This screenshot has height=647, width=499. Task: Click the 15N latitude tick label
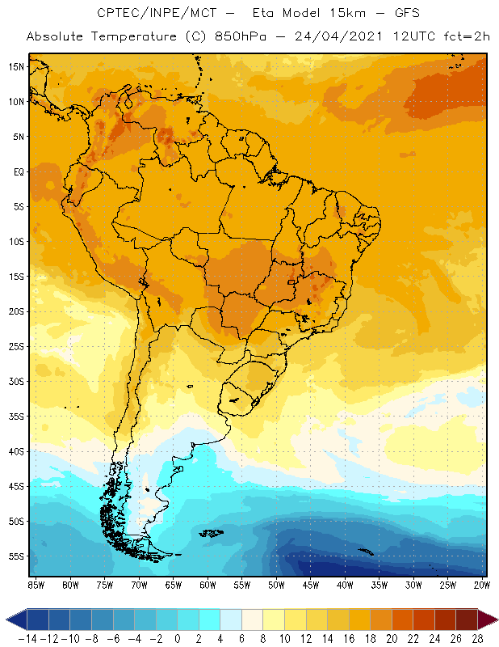[15, 66]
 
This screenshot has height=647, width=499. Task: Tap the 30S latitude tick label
[15, 381]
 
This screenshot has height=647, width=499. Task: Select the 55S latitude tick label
[15, 556]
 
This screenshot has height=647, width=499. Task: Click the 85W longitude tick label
[36, 584]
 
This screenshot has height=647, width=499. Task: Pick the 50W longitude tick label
[277, 584]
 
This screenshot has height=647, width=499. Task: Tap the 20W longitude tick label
[483, 584]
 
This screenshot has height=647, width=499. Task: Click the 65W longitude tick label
[174, 584]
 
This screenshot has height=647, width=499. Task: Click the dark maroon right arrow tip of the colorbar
[489, 620]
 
